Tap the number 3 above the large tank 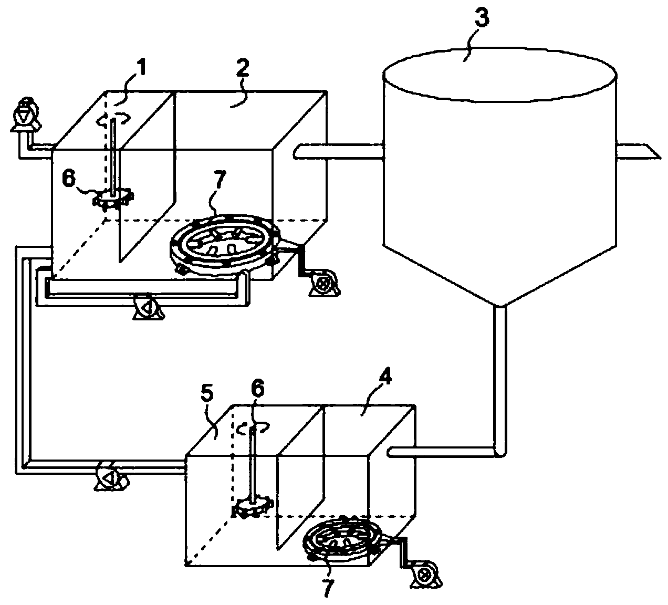(481, 19)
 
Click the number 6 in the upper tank (69, 179)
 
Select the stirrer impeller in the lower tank (253, 507)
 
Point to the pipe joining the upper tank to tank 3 (339, 151)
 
